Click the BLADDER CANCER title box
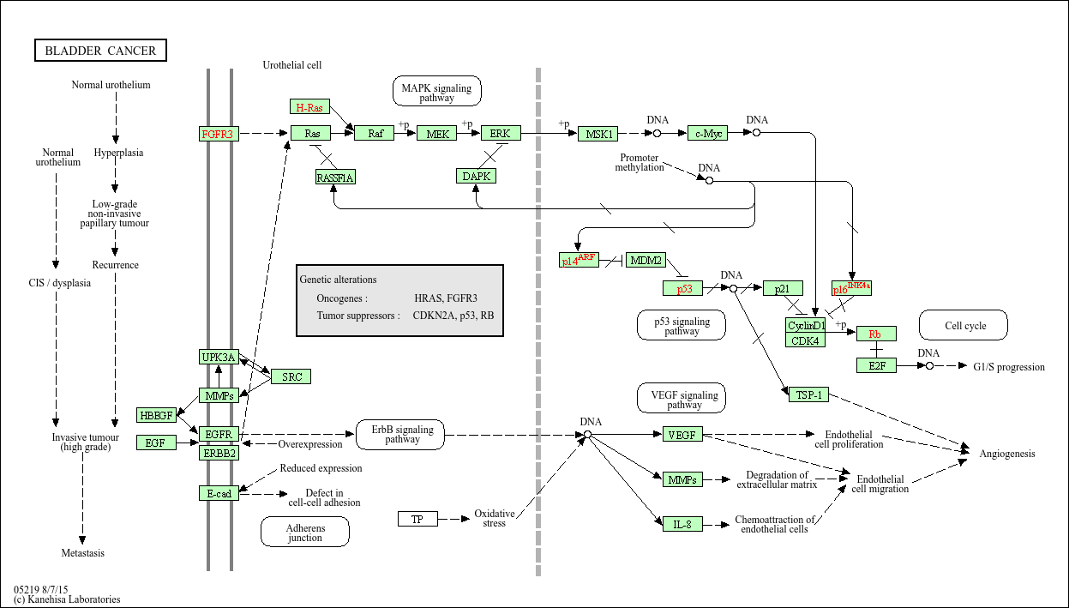(100, 51)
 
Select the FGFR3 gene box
(218, 134)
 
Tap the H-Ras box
(309, 107)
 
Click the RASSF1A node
(334, 178)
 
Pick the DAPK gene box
(477, 176)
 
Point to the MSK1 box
(597, 134)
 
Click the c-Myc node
(707, 133)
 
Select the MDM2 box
(646, 260)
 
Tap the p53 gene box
(683, 288)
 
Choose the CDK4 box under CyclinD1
(806, 340)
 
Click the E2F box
(876, 365)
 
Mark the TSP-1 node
(807, 394)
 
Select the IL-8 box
(682, 523)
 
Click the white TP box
(417, 519)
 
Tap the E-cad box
(219, 493)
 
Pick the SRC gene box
(291, 376)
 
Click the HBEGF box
(156, 415)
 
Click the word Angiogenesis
(1007, 454)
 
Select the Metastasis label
(83, 553)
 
